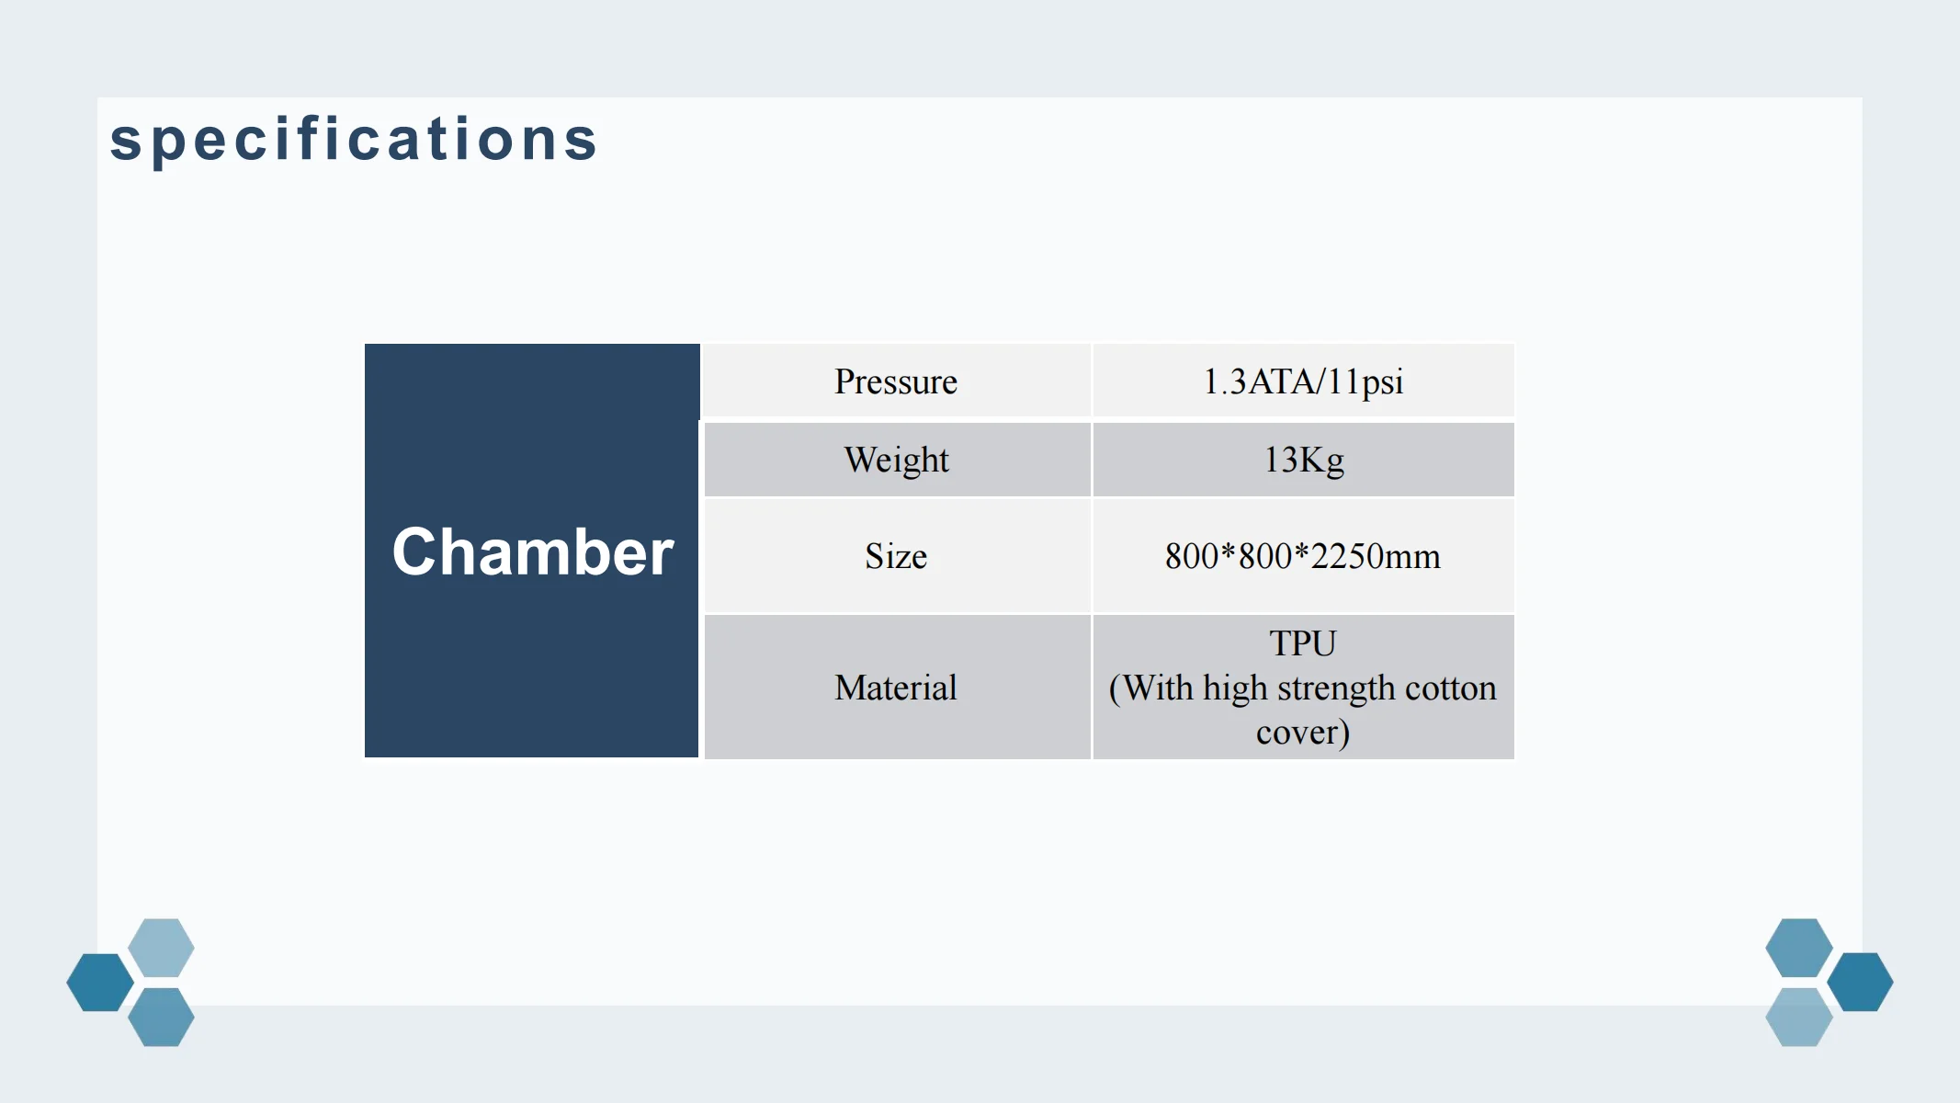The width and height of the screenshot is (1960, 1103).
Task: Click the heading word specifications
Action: (x=354, y=140)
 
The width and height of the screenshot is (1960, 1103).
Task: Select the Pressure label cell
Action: (x=896, y=381)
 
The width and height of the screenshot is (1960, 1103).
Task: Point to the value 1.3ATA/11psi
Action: (x=1303, y=381)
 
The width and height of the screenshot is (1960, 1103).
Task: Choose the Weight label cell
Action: (x=897, y=460)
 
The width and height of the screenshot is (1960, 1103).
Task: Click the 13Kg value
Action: (x=1304, y=460)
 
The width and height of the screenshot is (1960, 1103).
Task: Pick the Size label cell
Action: (x=896, y=556)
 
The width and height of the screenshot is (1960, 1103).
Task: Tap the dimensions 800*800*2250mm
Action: (x=1303, y=556)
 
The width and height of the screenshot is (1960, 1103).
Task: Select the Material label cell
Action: (x=896, y=688)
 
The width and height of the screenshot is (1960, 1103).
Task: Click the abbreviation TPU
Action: (x=1303, y=643)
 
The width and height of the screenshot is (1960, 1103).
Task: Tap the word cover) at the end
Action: (x=1303, y=733)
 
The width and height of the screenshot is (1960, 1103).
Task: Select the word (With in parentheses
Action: (x=1151, y=688)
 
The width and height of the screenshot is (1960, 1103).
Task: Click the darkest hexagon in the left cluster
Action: (x=100, y=983)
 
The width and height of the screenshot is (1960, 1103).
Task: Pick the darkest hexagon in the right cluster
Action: (x=1860, y=982)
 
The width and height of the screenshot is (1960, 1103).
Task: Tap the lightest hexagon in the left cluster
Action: (x=161, y=948)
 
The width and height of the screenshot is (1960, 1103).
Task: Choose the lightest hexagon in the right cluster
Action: (x=1799, y=1017)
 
